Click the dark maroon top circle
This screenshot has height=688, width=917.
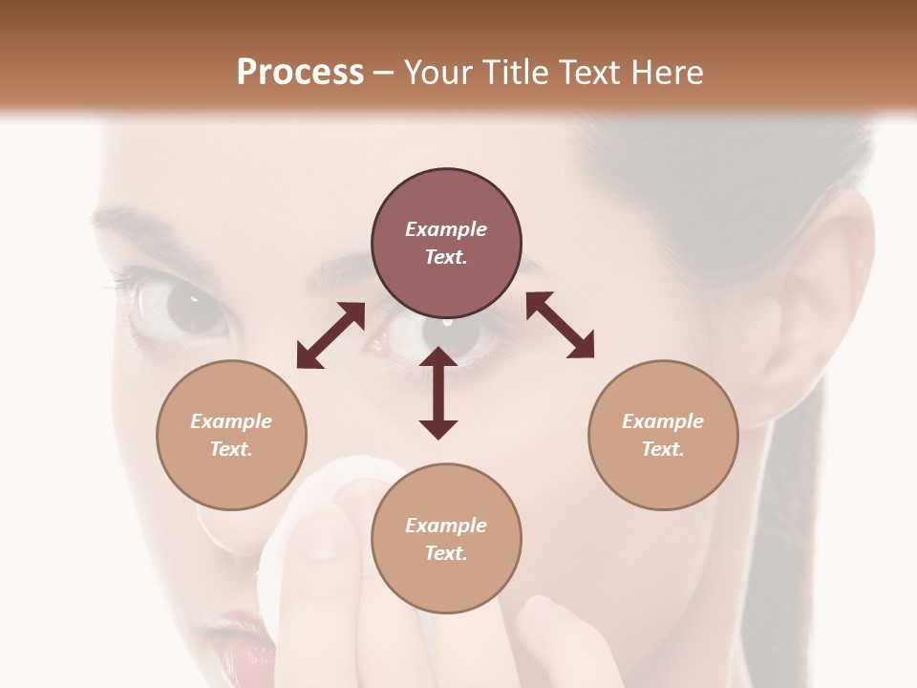tap(446, 243)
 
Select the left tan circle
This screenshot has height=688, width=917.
tap(231, 435)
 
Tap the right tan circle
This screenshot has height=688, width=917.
tap(663, 435)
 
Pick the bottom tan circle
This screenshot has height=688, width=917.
tap(446, 539)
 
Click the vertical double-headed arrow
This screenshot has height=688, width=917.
tap(438, 393)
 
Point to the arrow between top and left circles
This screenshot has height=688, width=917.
tap(331, 335)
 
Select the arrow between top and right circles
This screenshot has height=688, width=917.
tap(560, 325)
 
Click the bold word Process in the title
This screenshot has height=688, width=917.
tap(300, 72)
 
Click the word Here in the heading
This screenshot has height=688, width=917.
tap(668, 72)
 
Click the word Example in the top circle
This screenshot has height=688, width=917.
tap(446, 229)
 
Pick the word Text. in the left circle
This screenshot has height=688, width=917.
tap(231, 449)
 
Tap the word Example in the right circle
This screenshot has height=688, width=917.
tap(663, 421)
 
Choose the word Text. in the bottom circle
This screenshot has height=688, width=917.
tap(446, 553)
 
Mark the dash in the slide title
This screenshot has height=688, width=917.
tap(384, 73)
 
